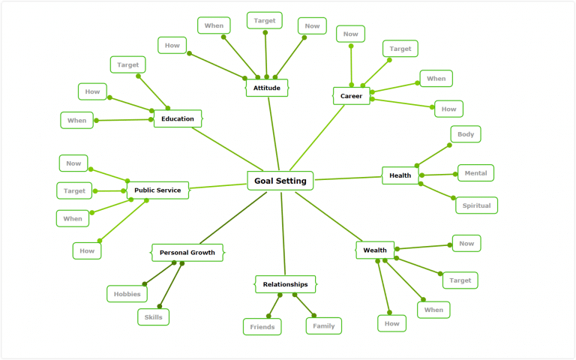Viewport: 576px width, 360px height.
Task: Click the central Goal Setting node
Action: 280,181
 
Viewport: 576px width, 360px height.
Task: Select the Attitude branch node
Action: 266,88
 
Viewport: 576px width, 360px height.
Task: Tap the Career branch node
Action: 351,96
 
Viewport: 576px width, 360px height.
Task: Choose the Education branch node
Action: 178,118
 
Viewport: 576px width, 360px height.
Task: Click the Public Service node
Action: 157,190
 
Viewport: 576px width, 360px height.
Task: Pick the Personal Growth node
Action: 187,253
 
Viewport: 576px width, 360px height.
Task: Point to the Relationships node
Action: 285,284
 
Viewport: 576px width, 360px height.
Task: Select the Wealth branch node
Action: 375,250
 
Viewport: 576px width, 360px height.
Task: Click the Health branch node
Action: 400,175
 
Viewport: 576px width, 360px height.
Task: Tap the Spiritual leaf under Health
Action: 476,205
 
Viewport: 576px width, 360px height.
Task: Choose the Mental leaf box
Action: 475,173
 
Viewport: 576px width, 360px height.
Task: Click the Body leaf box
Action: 466,134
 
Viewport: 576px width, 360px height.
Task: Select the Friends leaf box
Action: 262,326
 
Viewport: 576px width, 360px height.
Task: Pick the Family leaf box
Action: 324,326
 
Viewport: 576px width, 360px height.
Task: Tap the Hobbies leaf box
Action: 127,294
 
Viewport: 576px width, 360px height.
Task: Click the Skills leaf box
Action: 153,317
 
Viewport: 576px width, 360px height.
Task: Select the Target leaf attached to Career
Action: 400,49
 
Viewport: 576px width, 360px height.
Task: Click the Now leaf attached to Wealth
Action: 466,243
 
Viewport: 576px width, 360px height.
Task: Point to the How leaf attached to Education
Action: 92,91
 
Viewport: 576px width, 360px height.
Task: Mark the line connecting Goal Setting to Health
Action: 348,178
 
